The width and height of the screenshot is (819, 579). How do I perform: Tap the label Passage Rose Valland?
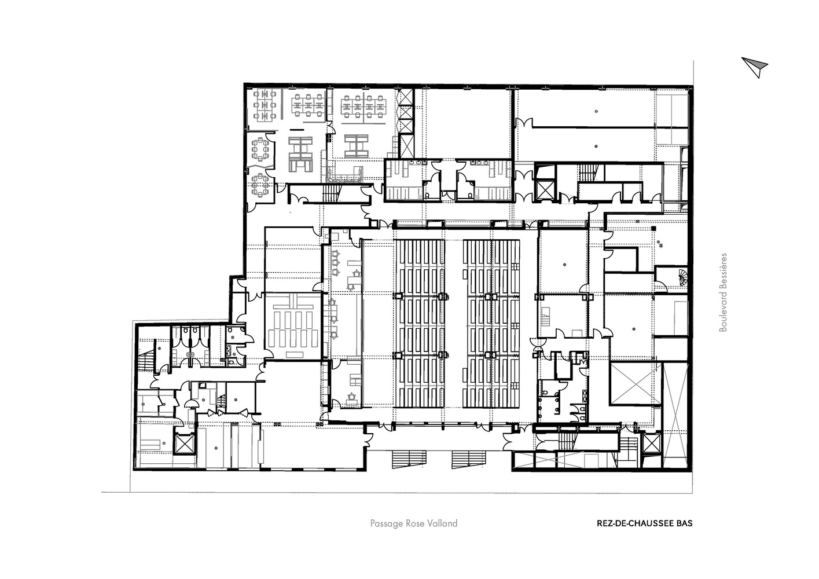[413, 523]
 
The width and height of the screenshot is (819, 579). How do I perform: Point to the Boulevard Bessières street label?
[723, 292]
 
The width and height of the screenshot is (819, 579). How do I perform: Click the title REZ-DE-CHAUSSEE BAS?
[645, 523]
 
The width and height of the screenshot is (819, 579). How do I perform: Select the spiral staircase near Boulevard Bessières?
[682, 278]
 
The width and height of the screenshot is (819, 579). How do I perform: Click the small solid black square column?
[653, 229]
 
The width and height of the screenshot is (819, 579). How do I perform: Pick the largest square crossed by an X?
[636, 383]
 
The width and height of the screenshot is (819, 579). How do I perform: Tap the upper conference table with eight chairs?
[260, 149]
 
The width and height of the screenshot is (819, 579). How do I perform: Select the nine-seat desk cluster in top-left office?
[265, 106]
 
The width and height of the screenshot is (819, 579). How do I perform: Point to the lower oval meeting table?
[260, 185]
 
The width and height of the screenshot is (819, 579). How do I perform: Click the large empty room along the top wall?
[468, 124]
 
